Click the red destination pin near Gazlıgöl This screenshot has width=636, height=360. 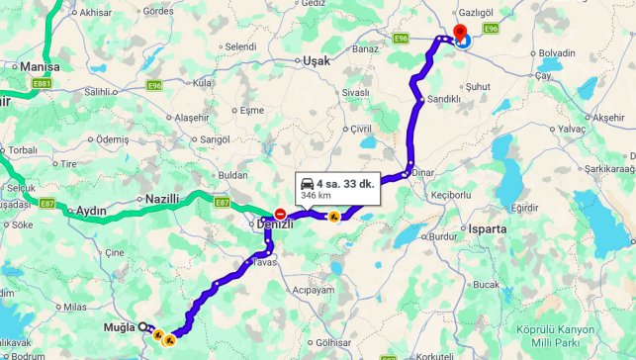click(x=458, y=34)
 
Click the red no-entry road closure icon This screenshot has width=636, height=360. click(x=281, y=214)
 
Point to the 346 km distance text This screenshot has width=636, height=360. click(x=316, y=196)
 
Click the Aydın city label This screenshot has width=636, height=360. click(x=90, y=211)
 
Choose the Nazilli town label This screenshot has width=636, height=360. click(x=162, y=199)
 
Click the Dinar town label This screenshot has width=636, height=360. click(x=425, y=170)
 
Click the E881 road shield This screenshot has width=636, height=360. click(x=42, y=85)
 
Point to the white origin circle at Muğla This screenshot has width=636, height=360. click(x=142, y=326)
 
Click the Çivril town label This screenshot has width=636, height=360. click(x=359, y=130)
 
